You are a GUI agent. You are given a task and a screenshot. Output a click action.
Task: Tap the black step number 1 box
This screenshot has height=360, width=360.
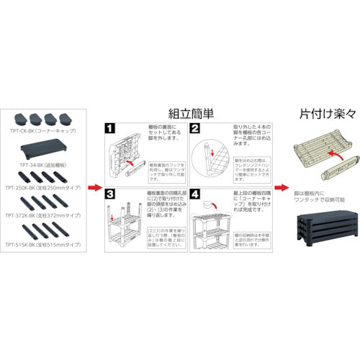click(x=110, y=130)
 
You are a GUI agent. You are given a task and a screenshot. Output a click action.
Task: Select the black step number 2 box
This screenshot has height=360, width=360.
click(x=194, y=130)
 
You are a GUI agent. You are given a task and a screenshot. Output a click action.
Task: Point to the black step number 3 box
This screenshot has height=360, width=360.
click(x=110, y=194)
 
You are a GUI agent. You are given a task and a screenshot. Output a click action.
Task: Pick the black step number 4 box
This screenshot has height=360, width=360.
click(x=194, y=194)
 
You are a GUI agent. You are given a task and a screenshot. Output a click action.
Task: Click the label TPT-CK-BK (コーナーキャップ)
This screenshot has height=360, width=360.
click(x=44, y=132)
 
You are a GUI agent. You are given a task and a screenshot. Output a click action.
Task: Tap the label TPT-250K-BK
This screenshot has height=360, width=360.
click(x=42, y=188)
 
